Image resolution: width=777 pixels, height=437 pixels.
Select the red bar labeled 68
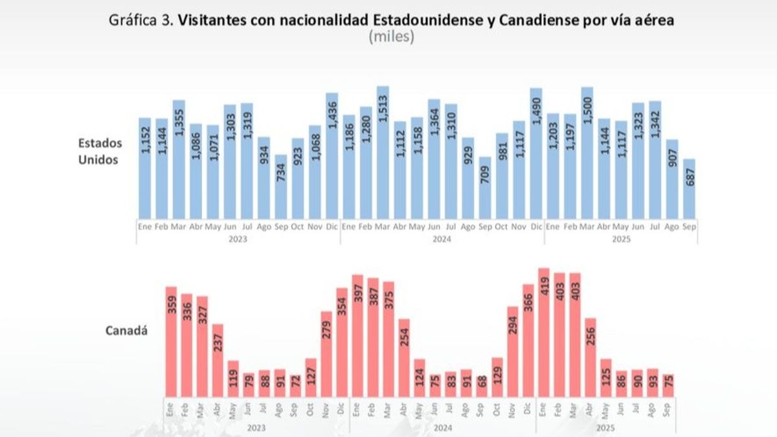click(482, 386)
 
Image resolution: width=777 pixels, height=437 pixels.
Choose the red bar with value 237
click(218, 360)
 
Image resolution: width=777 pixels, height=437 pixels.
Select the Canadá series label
click(126, 331)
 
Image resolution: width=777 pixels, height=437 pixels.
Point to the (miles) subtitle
click(390, 37)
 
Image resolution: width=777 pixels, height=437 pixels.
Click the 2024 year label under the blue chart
click(442, 239)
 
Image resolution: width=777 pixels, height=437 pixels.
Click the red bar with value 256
click(591, 357)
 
